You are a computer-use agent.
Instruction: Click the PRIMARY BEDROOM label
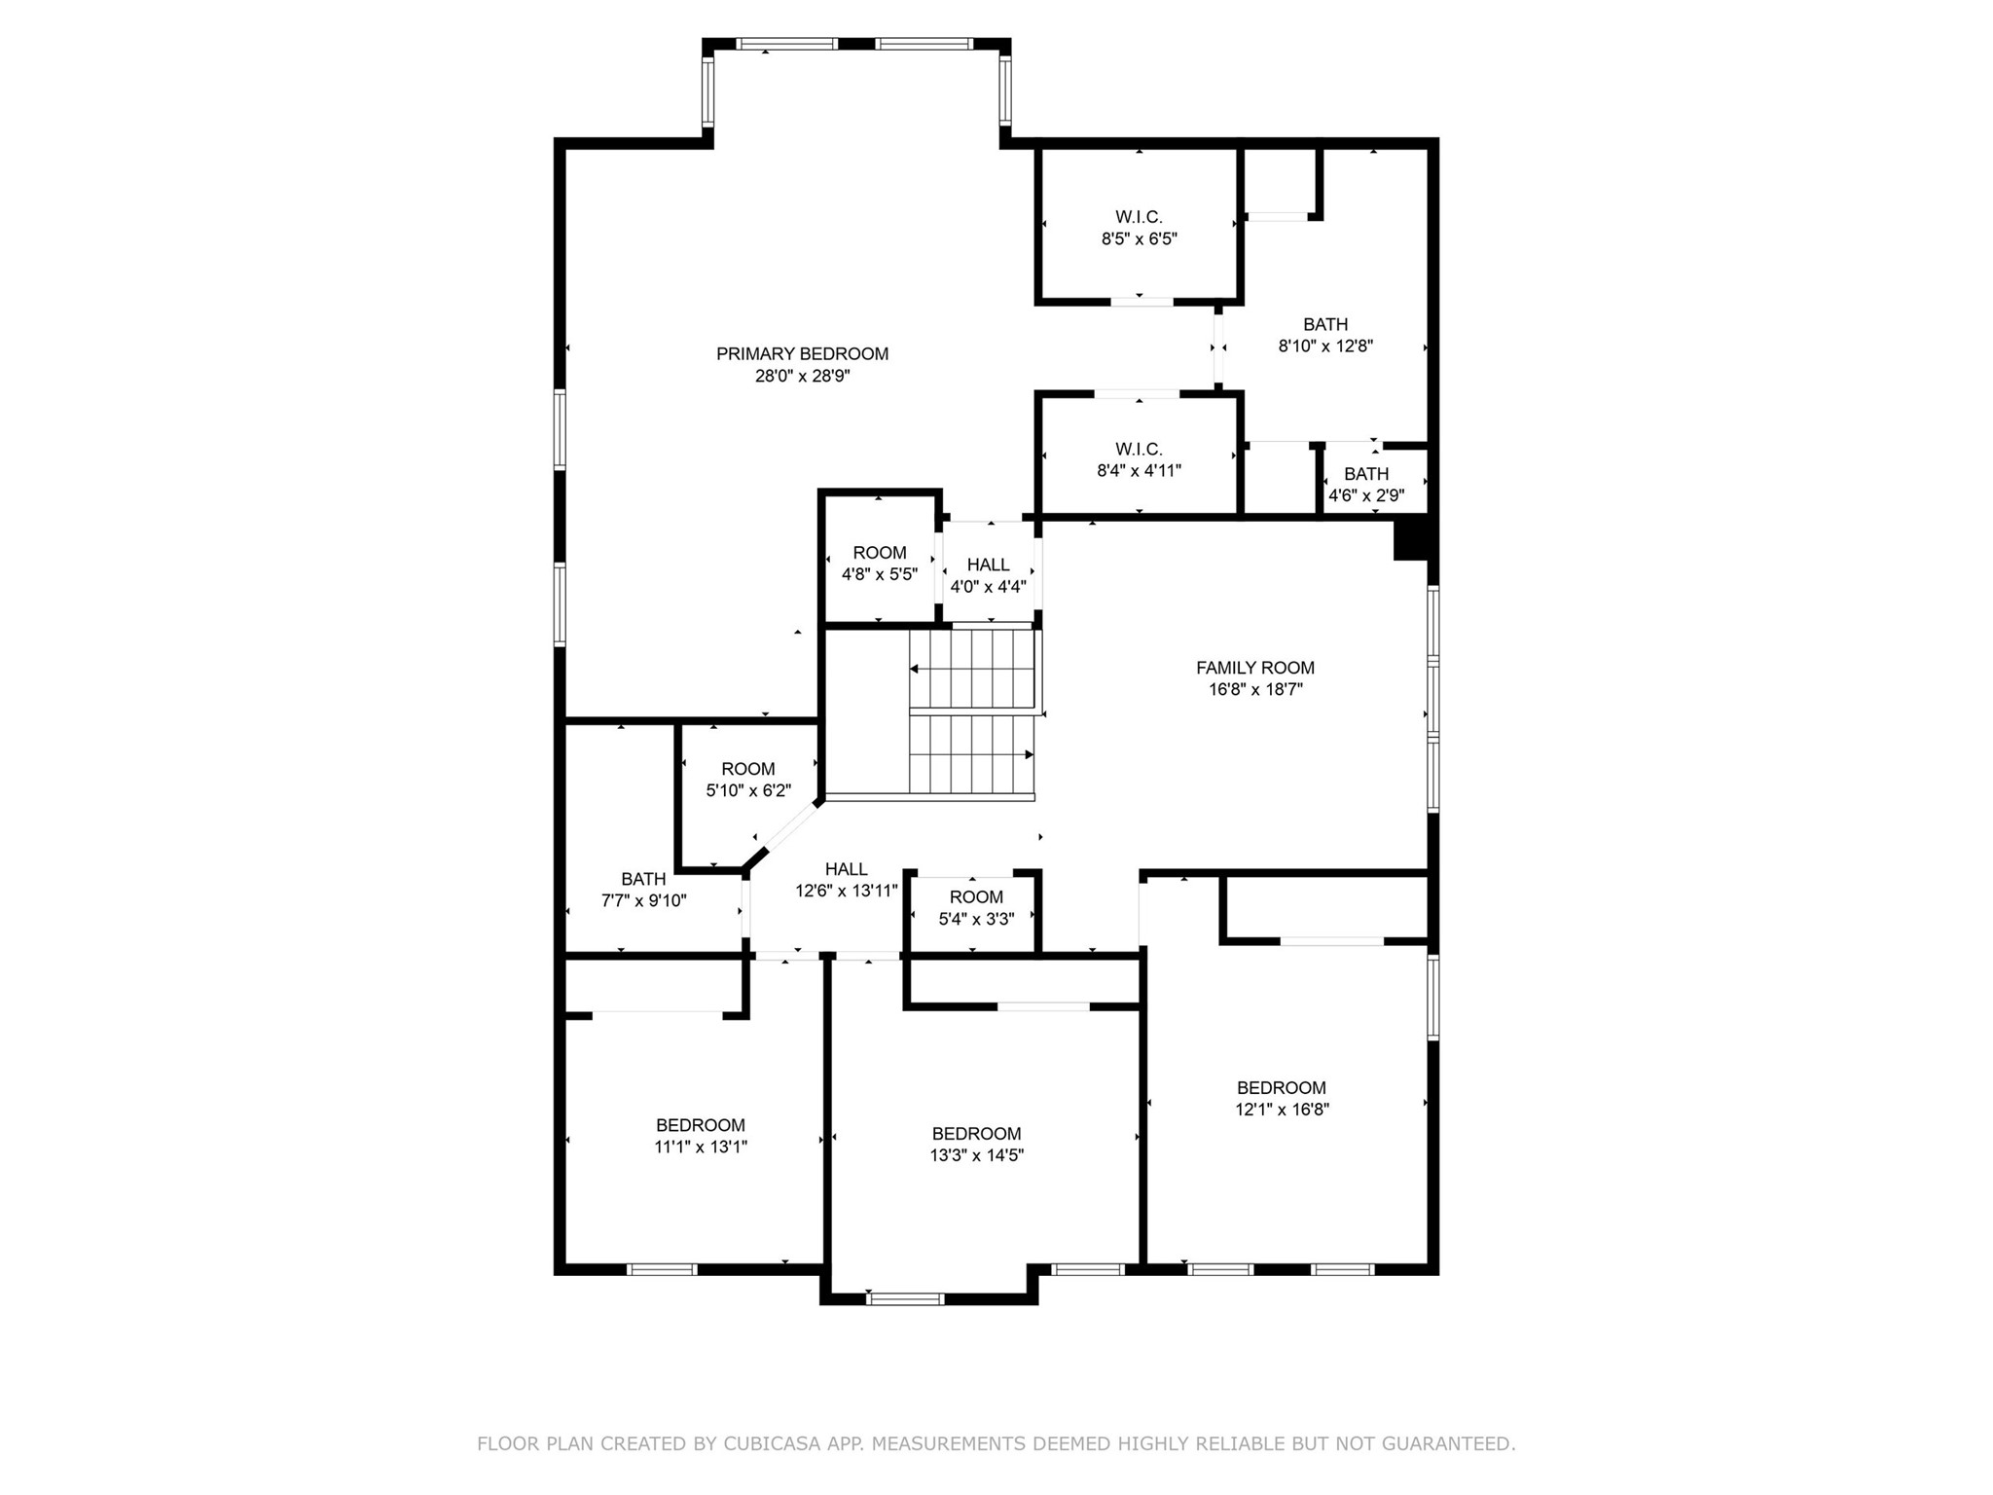tap(802, 354)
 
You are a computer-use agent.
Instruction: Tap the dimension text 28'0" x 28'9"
tap(802, 377)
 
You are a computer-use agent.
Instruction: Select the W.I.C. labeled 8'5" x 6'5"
tap(1139, 217)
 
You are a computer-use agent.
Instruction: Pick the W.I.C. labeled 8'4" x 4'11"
tap(1139, 449)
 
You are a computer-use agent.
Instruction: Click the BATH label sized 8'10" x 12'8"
tap(1325, 324)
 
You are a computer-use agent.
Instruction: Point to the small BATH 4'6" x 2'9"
tap(1366, 474)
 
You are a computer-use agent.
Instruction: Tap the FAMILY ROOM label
tap(1254, 668)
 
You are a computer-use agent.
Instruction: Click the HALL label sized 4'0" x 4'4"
tap(988, 565)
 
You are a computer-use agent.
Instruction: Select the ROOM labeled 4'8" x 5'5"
tap(879, 553)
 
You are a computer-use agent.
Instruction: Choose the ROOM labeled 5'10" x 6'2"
tap(747, 769)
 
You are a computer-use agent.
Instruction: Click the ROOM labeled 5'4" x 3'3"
tap(976, 897)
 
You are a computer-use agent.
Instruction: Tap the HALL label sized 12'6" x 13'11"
tap(846, 869)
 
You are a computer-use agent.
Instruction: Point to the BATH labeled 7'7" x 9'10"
tap(643, 879)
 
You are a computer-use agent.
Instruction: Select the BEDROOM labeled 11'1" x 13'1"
tap(700, 1125)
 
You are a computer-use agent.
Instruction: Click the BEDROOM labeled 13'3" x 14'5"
tap(976, 1134)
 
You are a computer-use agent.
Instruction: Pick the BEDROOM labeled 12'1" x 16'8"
tap(1281, 1088)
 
